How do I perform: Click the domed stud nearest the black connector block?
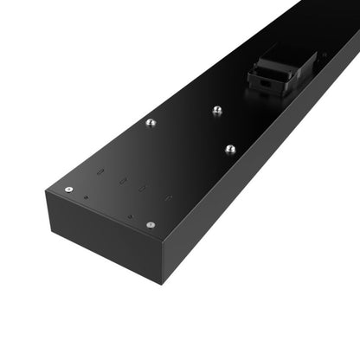point(216,110)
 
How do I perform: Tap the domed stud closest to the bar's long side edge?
point(229,149)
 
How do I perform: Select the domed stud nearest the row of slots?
point(151,123)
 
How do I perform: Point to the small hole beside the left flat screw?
point(86,198)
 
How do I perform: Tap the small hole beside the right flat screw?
point(130,216)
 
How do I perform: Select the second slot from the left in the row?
point(123,183)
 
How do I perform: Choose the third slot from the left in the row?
point(144,190)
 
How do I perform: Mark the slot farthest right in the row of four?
point(167,198)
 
